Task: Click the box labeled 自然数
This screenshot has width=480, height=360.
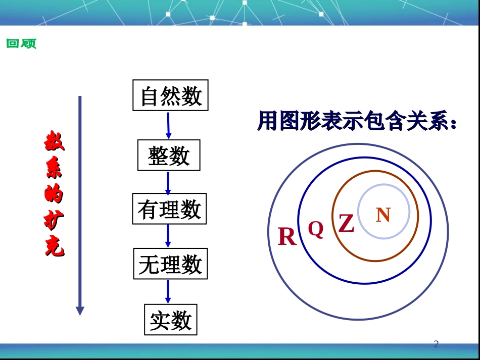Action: (x=170, y=95)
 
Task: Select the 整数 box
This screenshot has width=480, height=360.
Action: (x=169, y=156)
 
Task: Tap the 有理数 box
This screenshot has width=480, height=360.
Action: (x=169, y=209)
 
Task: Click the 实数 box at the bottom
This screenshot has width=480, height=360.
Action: (x=170, y=320)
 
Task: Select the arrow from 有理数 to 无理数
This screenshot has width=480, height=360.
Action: (x=168, y=236)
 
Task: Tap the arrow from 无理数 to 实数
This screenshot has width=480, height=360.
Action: (x=168, y=291)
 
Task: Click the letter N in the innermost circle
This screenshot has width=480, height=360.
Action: (x=383, y=215)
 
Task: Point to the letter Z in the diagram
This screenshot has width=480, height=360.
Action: (x=346, y=223)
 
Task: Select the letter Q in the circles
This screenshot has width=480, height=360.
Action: (x=316, y=229)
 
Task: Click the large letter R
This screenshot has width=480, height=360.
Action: (x=287, y=236)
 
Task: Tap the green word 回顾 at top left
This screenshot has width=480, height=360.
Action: (x=21, y=44)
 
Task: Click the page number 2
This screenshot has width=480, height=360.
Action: (x=437, y=344)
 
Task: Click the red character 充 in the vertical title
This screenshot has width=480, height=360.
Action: (x=54, y=246)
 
